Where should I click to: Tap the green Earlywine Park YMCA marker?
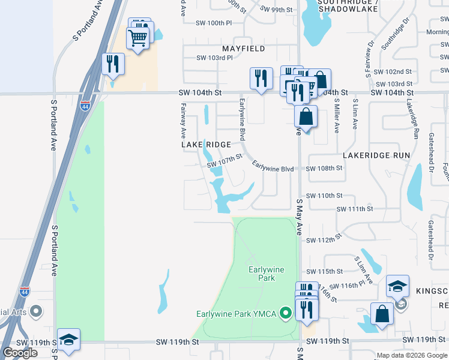pyautogui.click(x=286, y=313)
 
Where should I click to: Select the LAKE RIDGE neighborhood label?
pyautogui.click(x=206, y=145)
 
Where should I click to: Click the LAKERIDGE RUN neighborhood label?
pyautogui.click(x=376, y=155)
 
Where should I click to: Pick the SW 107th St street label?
pyautogui.click(x=224, y=161)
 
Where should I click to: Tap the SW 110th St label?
pyautogui.click(x=324, y=196)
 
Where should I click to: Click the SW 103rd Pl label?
pyautogui.click(x=214, y=58)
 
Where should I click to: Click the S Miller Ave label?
pyautogui.click(x=337, y=116)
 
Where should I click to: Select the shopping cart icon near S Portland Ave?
pyautogui.click(x=137, y=39)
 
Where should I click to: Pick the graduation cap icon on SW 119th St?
pyautogui.click(x=68, y=339)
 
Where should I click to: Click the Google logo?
pyautogui.click(x=20, y=353)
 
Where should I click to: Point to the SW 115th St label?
pyautogui.click(x=324, y=271)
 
